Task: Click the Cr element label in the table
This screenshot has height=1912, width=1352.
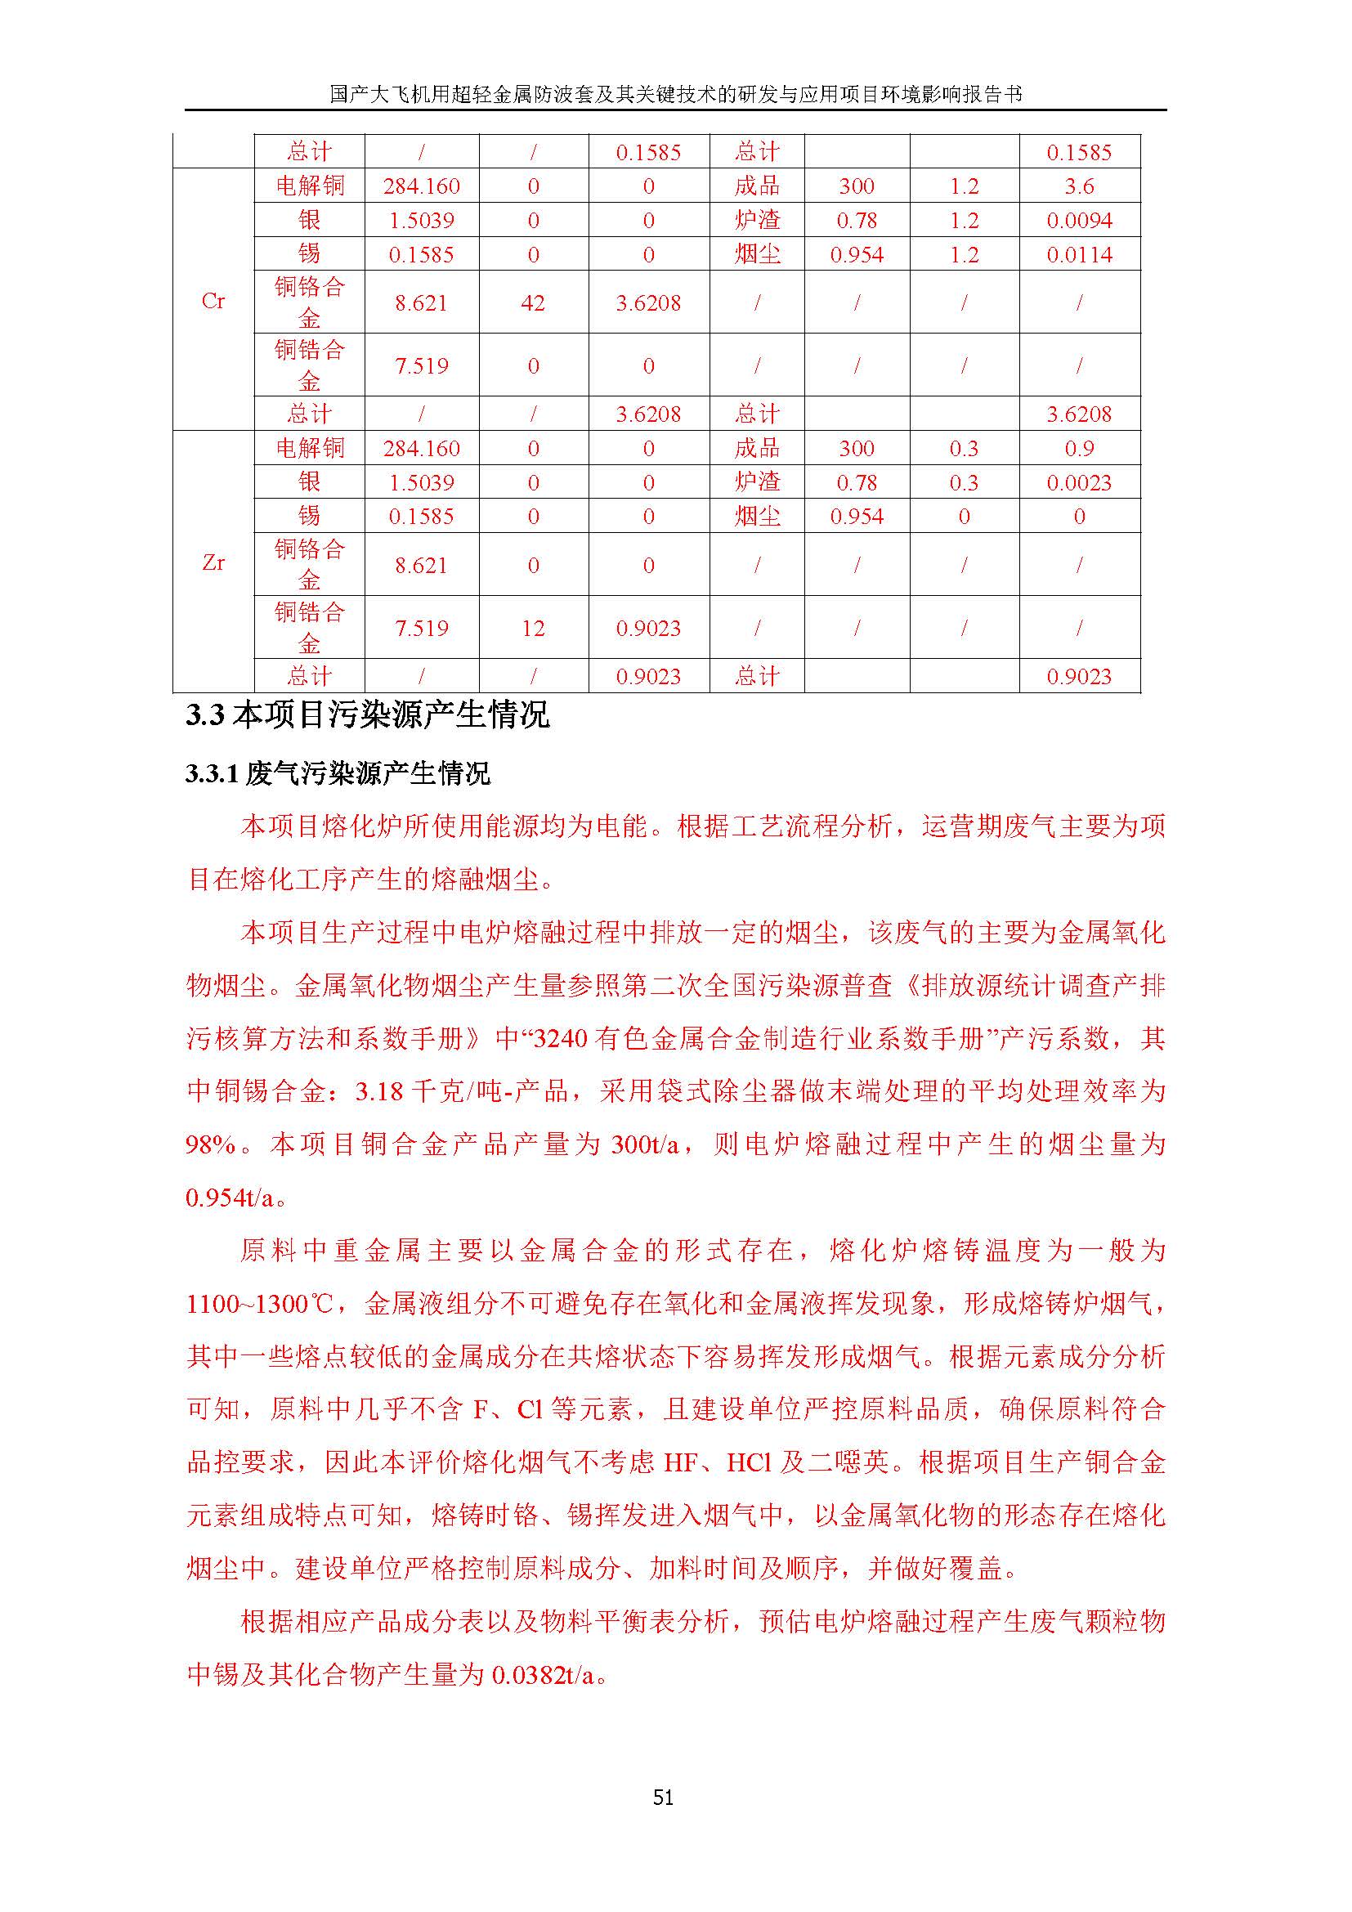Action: tap(213, 302)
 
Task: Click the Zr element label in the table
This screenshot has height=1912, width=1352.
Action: tap(213, 563)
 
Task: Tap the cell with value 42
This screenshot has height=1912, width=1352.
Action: tap(533, 303)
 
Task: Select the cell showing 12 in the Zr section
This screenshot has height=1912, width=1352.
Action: tap(533, 628)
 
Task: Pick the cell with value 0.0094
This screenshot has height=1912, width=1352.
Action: tap(1079, 221)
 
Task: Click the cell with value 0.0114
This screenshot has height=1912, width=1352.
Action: tap(1079, 255)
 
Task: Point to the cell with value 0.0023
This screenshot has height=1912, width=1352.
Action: tap(1079, 483)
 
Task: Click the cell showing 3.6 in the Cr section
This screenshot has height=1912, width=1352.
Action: tap(1079, 186)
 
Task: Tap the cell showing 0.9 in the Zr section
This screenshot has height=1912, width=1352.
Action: tap(1079, 449)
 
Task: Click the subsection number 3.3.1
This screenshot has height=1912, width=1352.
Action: tap(213, 774)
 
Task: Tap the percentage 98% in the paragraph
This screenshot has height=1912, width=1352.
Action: tap(212, 1145)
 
